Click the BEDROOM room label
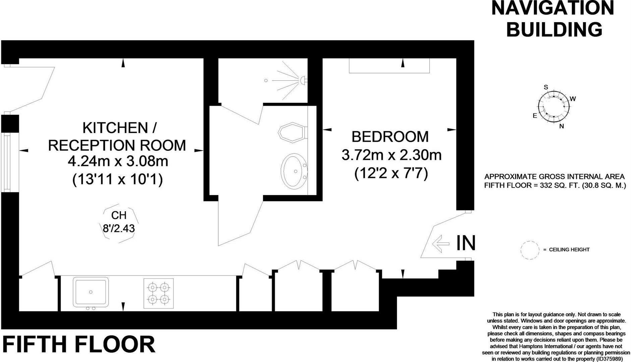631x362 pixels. pos(390,137)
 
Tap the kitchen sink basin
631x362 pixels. pos(91,291)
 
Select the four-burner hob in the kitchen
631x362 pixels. pos(159,293)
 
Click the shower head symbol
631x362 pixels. pos(303,80)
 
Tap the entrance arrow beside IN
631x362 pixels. pos(441,243)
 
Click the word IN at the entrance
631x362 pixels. pos(466,243)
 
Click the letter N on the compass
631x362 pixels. pos(562,126)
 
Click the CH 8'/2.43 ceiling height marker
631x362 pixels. pos(119,222)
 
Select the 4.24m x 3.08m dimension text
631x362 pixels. pos(118,162)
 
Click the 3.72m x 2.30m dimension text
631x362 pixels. pos(391,155)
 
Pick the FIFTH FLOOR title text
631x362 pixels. pos(79,344)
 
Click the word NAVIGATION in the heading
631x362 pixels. pos(552,8)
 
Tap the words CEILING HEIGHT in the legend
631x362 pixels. pos(569,250)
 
